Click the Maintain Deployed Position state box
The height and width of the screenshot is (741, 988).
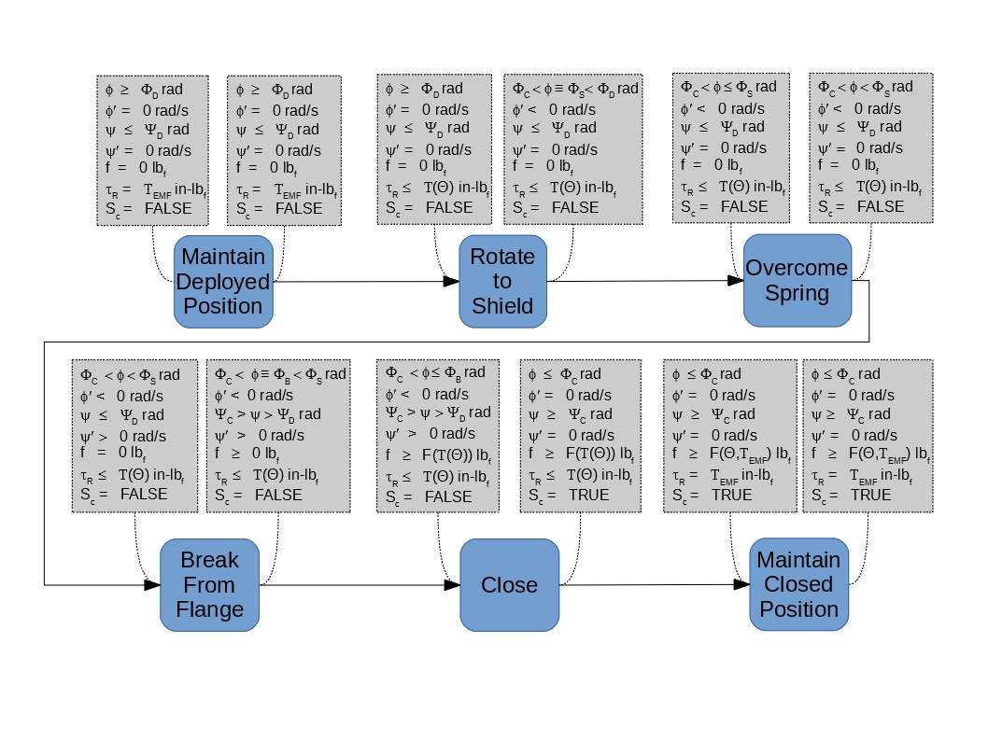[224, 282]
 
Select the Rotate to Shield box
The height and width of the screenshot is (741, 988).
[502, 282]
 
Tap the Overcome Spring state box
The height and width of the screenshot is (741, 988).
[797, 281]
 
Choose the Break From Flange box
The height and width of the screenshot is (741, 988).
[210, 585]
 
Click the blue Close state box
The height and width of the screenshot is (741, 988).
[510, 585]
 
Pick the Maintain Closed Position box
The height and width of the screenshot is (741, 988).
[799, 584]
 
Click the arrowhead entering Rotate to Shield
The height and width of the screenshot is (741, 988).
[451, 282]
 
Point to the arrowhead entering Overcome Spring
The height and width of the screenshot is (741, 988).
[735, 281]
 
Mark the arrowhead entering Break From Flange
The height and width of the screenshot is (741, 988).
[152, 585]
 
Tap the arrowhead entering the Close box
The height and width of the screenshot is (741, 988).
[452, 585]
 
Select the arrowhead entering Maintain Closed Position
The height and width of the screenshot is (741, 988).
[741, 584]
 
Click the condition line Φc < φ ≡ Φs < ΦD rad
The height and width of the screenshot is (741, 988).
[575, 90]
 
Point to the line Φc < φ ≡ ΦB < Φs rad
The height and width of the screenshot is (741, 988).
[280, 375]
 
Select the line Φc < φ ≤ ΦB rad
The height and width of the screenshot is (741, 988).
[435, 373]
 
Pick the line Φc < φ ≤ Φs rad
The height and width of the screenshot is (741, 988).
[728, 88]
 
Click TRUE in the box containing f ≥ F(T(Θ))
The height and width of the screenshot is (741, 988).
[589, 496]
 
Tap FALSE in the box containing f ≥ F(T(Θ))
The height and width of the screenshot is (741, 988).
[448, 496]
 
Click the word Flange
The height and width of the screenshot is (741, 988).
[210, 609]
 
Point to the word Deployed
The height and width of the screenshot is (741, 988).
[223, 282]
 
